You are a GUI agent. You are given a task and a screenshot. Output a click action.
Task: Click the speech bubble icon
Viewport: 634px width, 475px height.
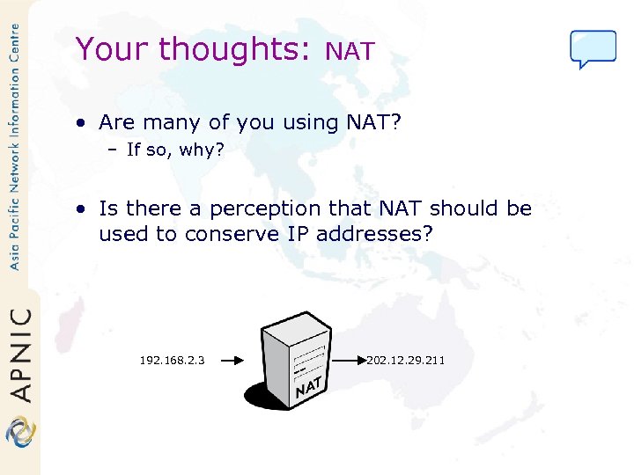point(593,48)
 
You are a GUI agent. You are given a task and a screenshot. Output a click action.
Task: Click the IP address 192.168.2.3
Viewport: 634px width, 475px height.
point(173,360)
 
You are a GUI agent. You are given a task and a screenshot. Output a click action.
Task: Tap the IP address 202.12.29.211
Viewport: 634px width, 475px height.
point(406,360)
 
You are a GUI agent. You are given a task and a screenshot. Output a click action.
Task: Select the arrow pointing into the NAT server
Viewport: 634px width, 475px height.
point(236,360)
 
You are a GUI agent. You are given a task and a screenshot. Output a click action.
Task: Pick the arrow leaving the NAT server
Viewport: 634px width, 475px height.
point(348,360)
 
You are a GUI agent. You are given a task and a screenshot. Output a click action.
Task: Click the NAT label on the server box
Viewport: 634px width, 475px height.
point(307,386)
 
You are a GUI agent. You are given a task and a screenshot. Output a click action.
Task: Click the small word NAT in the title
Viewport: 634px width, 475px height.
point(350,52)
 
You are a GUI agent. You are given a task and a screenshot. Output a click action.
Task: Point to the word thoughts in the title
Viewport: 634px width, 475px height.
point(231,48)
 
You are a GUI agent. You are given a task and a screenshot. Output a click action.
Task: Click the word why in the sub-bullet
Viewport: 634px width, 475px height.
point(201,150)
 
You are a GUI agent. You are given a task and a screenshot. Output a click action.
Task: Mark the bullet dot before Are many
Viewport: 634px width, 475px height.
point(81,122)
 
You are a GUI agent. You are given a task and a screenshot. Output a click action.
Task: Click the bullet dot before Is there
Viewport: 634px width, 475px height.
point(81,208)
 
